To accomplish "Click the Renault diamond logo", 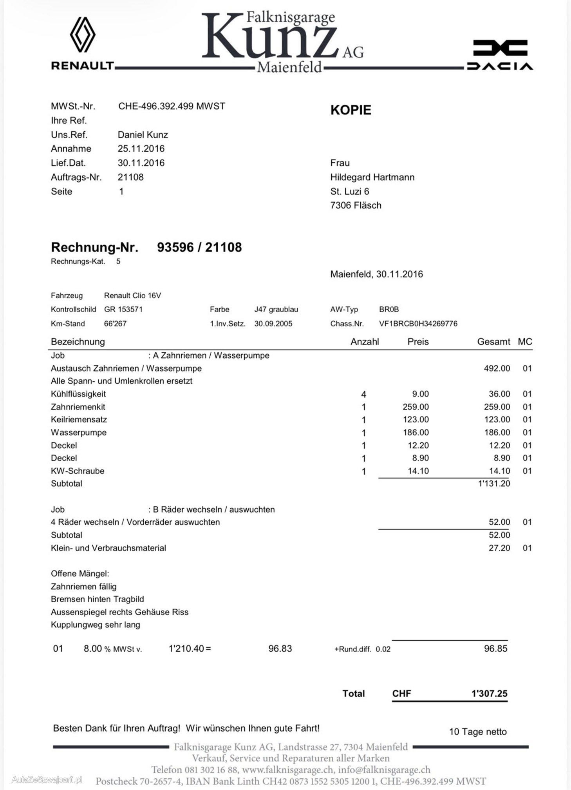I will (x=83, y=34).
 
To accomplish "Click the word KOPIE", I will (x=351, y=110).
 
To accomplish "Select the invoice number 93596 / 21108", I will (x=199, y=247).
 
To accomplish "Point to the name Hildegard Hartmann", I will (x=372, y=177).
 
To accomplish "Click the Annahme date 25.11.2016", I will (x=141, y=149).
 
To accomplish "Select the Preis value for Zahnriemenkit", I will (x=416, y=407).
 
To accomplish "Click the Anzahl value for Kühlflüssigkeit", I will (x=363, y=394).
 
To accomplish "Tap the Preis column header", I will (x=418, y=342).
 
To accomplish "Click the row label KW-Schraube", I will (x=78, y=471).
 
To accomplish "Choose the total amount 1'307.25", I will (x=489, y=694).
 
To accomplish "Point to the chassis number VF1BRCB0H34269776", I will (x=418, y=324).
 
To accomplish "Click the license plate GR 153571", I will (x=123, y=309).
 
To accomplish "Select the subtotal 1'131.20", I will (x=494, y=484).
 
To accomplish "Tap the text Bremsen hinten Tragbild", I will (x=98, y=599).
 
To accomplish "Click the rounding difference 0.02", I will (x=383, y=649).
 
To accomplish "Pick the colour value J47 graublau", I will (x=276, y=309).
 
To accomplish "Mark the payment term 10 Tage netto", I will (x=477, y=732).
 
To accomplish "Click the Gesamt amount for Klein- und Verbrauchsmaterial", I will (x=499, y=548).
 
